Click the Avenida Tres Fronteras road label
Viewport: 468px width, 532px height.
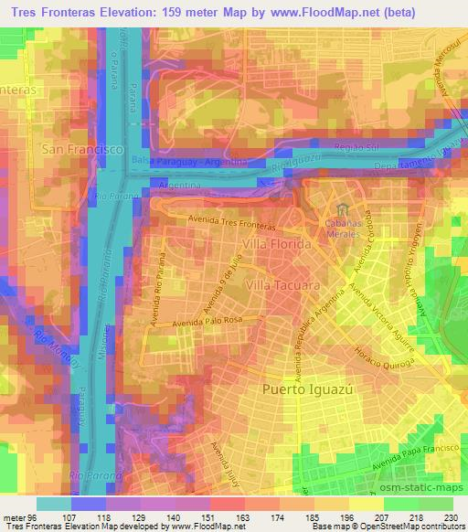coord(232,219)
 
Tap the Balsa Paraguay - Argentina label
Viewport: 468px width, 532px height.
coord(189,161)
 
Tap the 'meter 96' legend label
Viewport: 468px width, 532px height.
coord(18,517)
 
